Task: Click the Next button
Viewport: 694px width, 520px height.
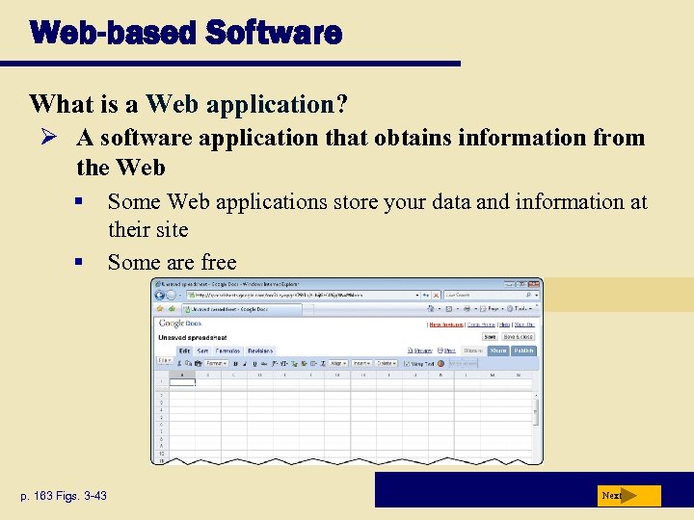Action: click(627, 496)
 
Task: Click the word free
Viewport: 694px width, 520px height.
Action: click(215, 262)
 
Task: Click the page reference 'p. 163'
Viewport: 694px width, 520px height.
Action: click(48, 496)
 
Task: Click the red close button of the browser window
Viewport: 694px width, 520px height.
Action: click(534, 284)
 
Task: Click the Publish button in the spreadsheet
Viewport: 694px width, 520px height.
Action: click(523, 351)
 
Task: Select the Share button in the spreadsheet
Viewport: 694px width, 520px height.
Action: click(497, 351)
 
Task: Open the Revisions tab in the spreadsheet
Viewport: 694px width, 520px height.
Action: click(260, 351)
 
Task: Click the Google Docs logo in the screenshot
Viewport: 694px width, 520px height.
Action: click(172, 325)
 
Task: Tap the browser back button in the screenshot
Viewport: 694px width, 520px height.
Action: click(161, 295)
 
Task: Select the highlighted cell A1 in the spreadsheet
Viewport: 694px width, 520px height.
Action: click(182, 382)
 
